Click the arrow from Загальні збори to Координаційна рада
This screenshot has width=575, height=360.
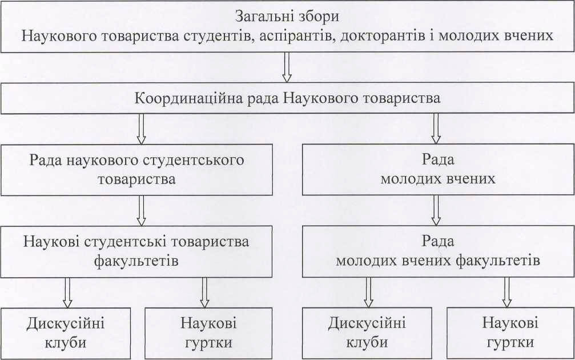click(x=287, y=67)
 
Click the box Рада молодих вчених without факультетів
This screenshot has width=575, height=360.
click(x=437, y=169)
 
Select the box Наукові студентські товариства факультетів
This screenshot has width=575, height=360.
click(x=136, y=251)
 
